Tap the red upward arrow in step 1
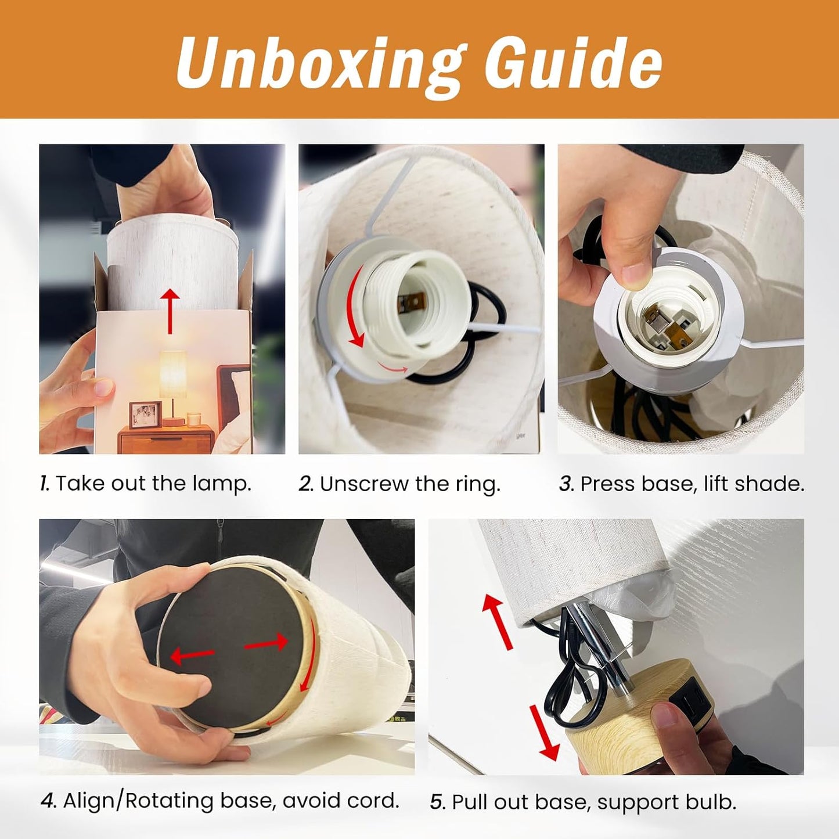(170, 311)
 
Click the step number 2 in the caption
(305, 484)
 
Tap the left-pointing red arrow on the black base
(192, 656)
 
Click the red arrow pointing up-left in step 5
(498, 622)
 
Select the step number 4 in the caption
(48, 801)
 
